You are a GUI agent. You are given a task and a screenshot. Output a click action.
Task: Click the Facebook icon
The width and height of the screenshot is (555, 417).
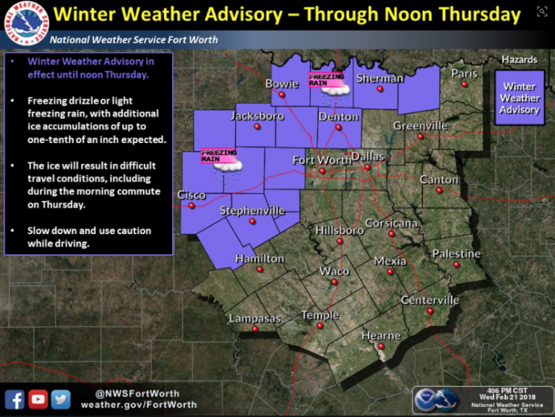coord(14,398)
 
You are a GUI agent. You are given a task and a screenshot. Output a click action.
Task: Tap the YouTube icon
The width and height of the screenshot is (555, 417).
coord(38,398)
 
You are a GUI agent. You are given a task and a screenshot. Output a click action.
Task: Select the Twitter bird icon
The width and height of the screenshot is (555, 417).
coord(61,398)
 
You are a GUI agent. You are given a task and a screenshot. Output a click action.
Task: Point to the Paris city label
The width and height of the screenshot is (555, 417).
coord(465,73)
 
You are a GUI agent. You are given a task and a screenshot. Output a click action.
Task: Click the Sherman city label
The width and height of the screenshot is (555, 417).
coord(379,78)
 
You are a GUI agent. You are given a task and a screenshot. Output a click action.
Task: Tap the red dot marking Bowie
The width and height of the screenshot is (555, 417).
coord(283,94)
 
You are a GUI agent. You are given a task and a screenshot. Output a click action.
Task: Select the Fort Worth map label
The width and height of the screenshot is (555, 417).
coord(322,160)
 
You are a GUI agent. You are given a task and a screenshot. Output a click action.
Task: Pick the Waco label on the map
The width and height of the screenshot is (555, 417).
coord(335,271)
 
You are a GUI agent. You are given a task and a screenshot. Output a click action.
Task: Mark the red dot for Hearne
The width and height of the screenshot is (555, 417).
coord(382,346)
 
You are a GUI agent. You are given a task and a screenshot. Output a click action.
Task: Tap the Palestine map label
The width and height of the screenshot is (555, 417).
coord(456,254)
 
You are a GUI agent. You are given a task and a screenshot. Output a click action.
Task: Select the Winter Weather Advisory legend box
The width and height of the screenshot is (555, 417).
coord(520,98)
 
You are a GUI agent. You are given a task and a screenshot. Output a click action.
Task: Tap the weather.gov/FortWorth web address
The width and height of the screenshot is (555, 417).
coord(139,405)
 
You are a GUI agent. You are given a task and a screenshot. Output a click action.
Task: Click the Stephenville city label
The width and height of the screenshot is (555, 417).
coord(252,211)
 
